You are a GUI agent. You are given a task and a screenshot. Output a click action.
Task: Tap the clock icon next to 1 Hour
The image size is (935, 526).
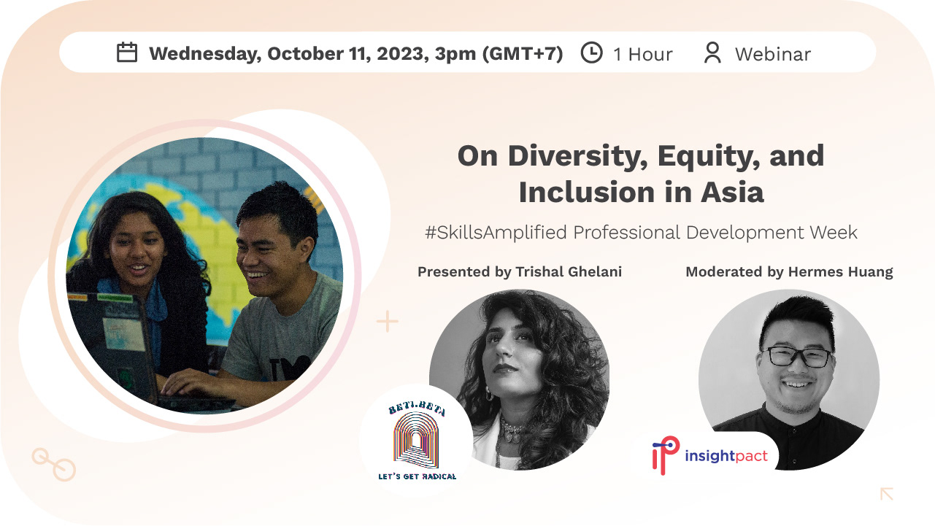pos(591,53)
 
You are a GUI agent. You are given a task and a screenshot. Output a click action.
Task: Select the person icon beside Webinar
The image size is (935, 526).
pos(712,53)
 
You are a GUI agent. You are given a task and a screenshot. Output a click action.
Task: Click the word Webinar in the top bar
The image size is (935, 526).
pos(773,54)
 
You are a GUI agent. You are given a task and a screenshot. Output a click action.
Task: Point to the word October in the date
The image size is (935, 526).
pos(306,54)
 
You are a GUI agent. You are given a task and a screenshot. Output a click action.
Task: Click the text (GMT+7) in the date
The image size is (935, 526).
pos(523,54)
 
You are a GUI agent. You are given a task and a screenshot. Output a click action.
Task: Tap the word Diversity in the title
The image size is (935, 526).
pos(577,157)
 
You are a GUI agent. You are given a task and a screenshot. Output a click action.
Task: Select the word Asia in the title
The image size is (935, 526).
pos(732,193)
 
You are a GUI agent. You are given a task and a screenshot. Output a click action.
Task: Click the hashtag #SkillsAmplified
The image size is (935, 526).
pos(496,232)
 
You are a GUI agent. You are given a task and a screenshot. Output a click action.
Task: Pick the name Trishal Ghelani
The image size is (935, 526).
pos(569,271)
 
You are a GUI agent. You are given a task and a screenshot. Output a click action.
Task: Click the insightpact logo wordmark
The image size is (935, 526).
pos(726,455)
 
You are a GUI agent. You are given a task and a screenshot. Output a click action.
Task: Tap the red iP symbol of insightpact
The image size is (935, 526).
pos(666,455)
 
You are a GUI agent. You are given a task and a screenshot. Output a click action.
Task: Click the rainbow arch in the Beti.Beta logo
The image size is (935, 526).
pos(416,440)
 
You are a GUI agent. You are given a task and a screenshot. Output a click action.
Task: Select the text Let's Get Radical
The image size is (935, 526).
pos(417,476)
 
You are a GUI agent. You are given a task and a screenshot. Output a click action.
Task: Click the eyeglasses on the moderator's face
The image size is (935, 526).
pos(798,357)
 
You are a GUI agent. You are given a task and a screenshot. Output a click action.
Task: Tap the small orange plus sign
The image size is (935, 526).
pos(388,321)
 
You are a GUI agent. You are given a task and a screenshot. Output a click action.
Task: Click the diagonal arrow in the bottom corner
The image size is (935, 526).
pos(887,493)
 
